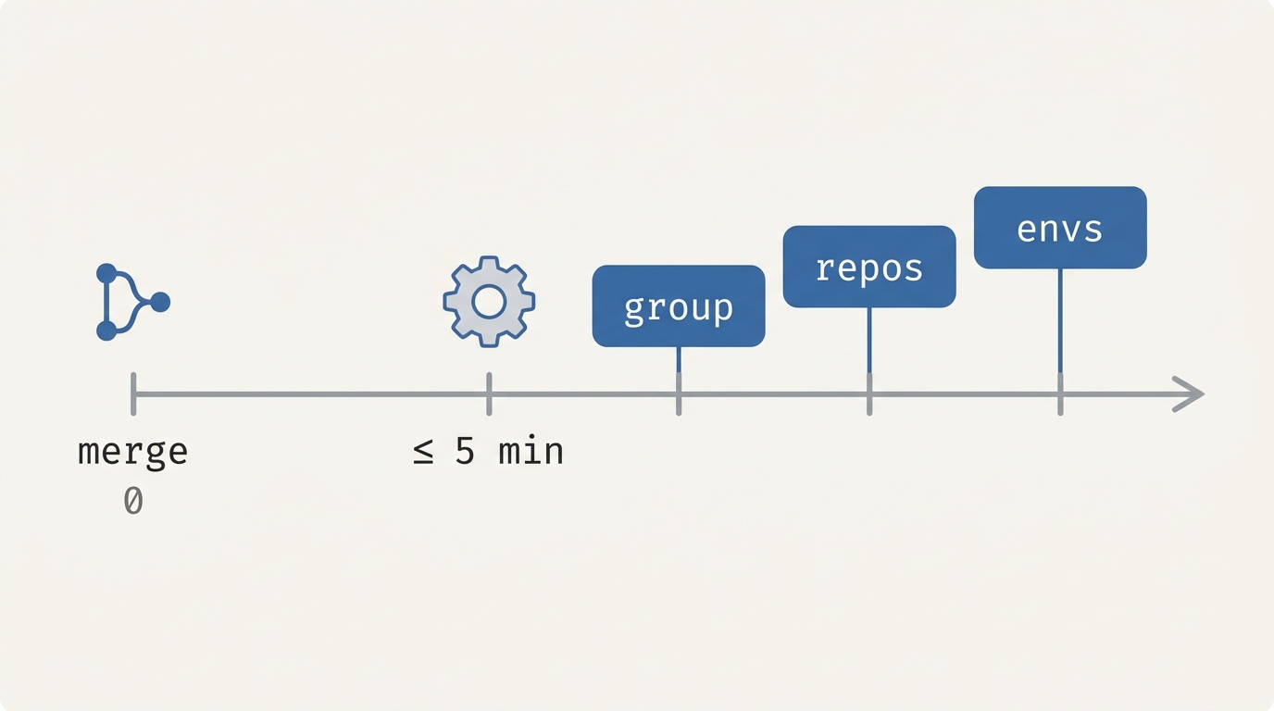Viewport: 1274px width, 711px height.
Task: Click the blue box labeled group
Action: coord(679,306)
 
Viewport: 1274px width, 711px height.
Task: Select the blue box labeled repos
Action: coord(869,267)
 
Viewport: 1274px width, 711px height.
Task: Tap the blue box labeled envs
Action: coord(1060,228)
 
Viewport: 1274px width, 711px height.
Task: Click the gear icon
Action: coord(489,302)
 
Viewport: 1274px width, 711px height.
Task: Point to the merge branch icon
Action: coord(133,302)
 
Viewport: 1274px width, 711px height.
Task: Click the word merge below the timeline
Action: coord(133,453)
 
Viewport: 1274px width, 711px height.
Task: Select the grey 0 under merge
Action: coord(133,501)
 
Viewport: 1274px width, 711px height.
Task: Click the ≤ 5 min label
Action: coord(489,452)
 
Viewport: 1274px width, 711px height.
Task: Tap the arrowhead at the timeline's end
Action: coord(1189,394)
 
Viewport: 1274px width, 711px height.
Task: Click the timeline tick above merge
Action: coord(133,394)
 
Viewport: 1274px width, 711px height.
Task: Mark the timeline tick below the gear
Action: coord(489,394)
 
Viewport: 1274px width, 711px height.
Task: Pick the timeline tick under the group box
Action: coord(679,394)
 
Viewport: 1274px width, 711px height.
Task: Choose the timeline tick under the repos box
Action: coord(869,394)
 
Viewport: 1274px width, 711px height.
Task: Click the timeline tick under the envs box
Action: coord(1060,394)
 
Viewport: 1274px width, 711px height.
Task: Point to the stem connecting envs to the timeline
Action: coord(1060,321)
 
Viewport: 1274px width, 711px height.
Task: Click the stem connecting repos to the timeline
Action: coord(869,340)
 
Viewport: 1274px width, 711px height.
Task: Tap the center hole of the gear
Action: coord(489,302)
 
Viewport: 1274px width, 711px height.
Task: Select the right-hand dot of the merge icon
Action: coord(160,302)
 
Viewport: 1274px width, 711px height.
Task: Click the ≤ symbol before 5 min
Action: coord(423,453)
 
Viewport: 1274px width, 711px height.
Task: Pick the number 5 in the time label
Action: coord(465,452)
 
